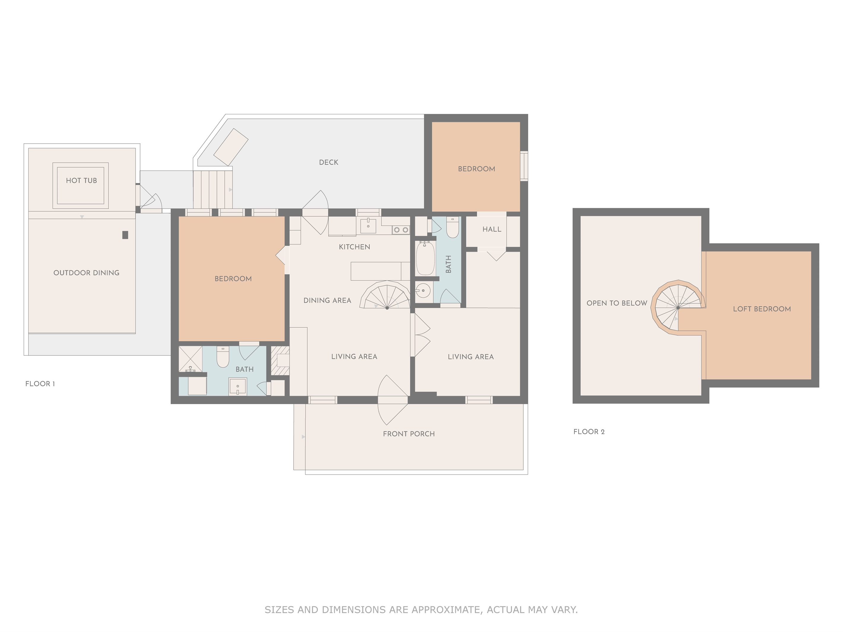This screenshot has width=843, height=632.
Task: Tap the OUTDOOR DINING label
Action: pyautogui.click(x=86, y=273)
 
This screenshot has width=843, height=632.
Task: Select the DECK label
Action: pyautogui.click(x=329, y=162)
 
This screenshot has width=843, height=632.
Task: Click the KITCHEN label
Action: pyautogui.click(x=354, y=247)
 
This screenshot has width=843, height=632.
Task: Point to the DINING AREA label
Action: pyautogui.click(x=327, y=301)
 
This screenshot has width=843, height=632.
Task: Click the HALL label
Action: pyautogui.click(x=492, y=229)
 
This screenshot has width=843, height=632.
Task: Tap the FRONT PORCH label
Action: pyautogui.click(x=408, y=434)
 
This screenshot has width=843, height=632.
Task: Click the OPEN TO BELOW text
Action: pyautogui.click(x=617, y=303)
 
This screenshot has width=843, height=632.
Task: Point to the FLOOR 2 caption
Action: pyautogui.click(x=589, y=432)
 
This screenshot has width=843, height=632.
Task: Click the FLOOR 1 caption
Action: pyautogui.click(x=40, y=384)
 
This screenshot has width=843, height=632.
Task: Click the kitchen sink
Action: pyautogui.click(x=368, y=226)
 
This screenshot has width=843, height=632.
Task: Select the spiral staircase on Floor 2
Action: pyautogui.click(x=678, y=307)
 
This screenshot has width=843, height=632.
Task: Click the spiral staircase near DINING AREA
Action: pyautogui.click(x=386, y=296)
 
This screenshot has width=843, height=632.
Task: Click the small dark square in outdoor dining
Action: pyautogui.click(x=125, y=235)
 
